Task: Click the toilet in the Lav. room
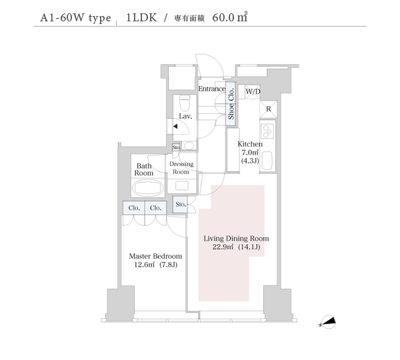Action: coord(185,103)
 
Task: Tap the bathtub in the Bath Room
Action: coord(149,188)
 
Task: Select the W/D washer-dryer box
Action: coord(253,91)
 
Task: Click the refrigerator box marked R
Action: coord(269,109)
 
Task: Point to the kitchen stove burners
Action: coord(267,131)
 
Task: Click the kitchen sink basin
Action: coord(267,160)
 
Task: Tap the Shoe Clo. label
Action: coord(231,104)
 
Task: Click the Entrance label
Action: coord(212,89)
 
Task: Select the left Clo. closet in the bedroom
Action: coord(134,208)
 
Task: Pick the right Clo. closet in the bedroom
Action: coord(155,208)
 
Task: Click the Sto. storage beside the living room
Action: coord(181,205)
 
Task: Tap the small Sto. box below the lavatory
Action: coord(176,147)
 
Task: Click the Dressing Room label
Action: coord(181,168)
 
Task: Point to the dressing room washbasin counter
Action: coord(182,185)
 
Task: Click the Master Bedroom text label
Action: coord(155,256)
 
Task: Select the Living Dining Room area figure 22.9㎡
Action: coord(223,247)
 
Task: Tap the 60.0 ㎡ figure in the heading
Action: coord(229,17)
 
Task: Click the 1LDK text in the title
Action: coord(141,18)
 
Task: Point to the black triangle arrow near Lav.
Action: coord(175,126)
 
